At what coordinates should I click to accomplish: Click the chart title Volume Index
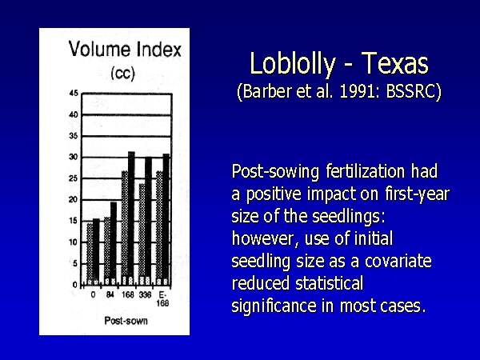point(125,50)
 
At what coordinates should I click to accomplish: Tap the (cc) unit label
point(122,74)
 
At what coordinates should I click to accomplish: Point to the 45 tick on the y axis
point(74,93)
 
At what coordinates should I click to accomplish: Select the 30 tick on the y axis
point(74,157)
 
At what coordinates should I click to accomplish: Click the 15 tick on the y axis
point(74,221)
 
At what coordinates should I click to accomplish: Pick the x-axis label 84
point(110,294)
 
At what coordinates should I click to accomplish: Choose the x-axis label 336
point(145,294)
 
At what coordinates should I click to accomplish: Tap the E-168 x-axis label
point(162,298)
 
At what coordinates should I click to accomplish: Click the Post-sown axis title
point(126,321)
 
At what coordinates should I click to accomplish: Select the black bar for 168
point(131,218)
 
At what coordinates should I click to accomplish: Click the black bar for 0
point(96,252)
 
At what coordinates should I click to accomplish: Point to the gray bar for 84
point(107,251)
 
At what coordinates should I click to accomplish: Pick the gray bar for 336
point(142,234)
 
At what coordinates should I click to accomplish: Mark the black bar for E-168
point(166,219)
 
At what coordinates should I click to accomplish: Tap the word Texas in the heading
point(395,63)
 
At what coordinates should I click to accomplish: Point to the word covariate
point(398,261)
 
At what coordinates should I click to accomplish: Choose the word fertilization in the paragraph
point(366,171)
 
